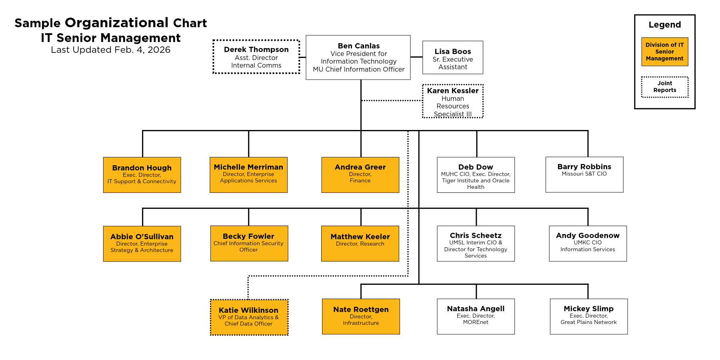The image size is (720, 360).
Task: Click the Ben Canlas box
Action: [358, 57]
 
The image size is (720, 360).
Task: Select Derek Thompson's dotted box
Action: [256, 57]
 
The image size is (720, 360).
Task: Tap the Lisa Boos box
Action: [452, 58]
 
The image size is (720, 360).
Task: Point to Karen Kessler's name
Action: [452, 91]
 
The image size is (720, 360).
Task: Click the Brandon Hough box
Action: [142, 175]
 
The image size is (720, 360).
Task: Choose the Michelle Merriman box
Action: [248, 175]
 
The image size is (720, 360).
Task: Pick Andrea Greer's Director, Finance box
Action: [360, 175]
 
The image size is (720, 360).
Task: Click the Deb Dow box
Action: [476, 175]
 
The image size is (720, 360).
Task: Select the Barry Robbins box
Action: [584, 174]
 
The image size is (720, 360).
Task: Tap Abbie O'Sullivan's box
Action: [142, 244]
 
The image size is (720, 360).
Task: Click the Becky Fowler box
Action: [249, 243]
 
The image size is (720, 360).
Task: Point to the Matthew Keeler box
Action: [360, 243]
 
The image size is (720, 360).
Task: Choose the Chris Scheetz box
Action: [476, 243]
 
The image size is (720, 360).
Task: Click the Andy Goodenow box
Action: [588, 243]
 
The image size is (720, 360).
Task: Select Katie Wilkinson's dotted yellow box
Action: [249, 317]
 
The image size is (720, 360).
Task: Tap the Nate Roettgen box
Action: [361, 316]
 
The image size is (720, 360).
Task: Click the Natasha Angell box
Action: [476, 316]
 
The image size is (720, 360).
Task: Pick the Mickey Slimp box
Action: [588, 316]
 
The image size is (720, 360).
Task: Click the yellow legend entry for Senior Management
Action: [664, 52]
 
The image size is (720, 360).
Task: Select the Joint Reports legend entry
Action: [664, 87]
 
